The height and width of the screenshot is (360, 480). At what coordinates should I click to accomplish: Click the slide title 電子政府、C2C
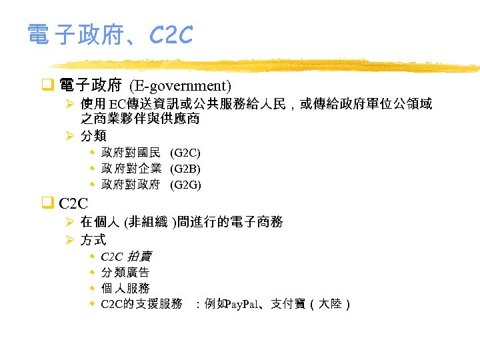point(110,35)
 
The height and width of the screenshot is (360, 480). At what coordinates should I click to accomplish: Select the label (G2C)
point(185,154)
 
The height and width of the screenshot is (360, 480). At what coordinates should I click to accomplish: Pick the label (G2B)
point(185,169)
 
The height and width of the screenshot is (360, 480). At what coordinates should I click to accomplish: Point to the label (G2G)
point(185,185)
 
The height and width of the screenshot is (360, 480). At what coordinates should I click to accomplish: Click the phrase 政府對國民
point(131,154)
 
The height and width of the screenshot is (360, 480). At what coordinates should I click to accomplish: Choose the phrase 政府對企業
point(131,169)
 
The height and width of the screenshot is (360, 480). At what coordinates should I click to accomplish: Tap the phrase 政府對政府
point(131,185)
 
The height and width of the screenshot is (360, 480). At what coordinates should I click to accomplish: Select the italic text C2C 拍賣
point(126,257)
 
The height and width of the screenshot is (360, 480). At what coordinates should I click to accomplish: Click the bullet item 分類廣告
point(125,273)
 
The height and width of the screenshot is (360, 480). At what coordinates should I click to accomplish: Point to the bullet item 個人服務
point(125,289)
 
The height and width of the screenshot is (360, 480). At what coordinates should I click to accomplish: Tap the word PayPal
point(245,305)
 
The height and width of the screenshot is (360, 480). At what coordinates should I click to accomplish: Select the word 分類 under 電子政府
point(93,136)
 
